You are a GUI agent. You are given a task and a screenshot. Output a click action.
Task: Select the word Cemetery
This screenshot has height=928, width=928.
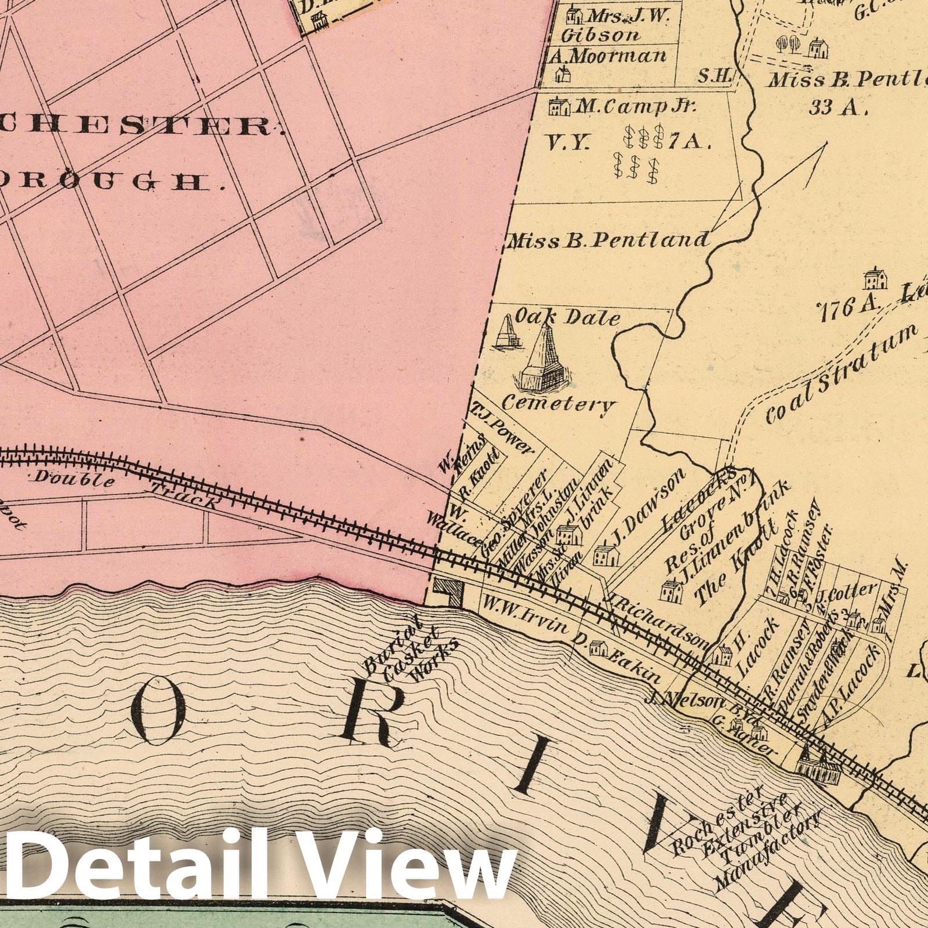pos(557,403)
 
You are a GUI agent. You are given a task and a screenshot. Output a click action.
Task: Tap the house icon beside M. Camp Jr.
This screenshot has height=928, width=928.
pos(559,106)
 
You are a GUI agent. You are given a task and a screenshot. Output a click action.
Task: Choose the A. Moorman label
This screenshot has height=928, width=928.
pos(615,56)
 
